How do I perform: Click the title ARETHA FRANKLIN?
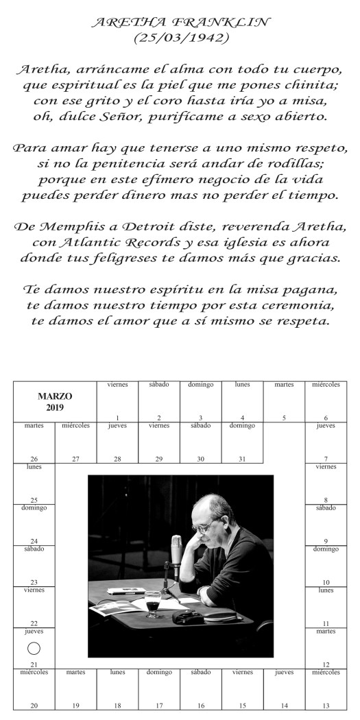point(180,23)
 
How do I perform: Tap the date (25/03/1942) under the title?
point(180,38)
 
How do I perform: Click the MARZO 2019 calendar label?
point(55,402)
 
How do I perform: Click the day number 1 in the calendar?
point(117,418)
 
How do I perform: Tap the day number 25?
point(34,501)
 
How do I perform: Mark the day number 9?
point(326,541)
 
